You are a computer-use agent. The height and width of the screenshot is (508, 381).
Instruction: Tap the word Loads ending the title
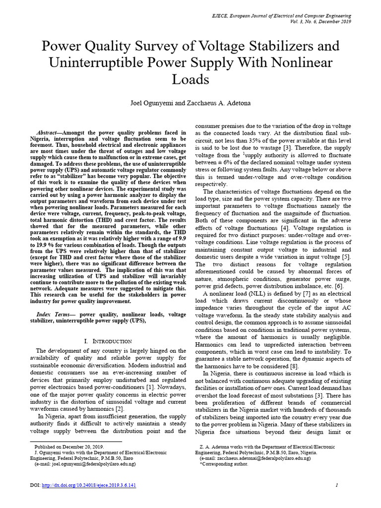point(190,79)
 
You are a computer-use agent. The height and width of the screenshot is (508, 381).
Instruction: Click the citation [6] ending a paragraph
point(338,286)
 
